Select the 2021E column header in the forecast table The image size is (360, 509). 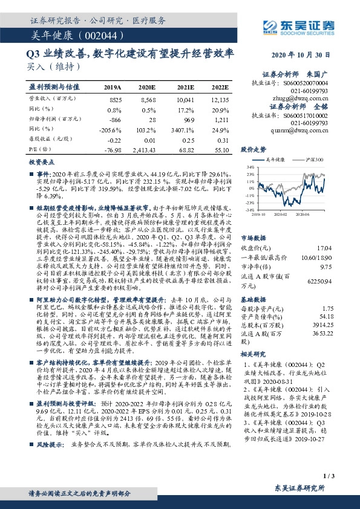point(185,87)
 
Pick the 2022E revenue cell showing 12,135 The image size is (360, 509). point(220,99)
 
